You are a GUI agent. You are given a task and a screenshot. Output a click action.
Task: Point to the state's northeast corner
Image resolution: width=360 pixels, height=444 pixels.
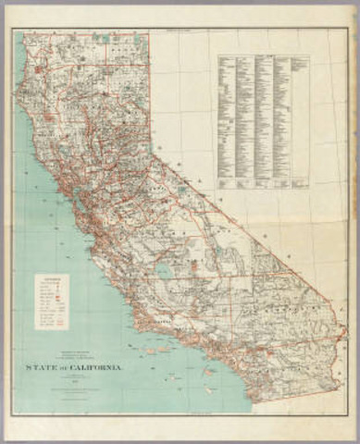[149, 34]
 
